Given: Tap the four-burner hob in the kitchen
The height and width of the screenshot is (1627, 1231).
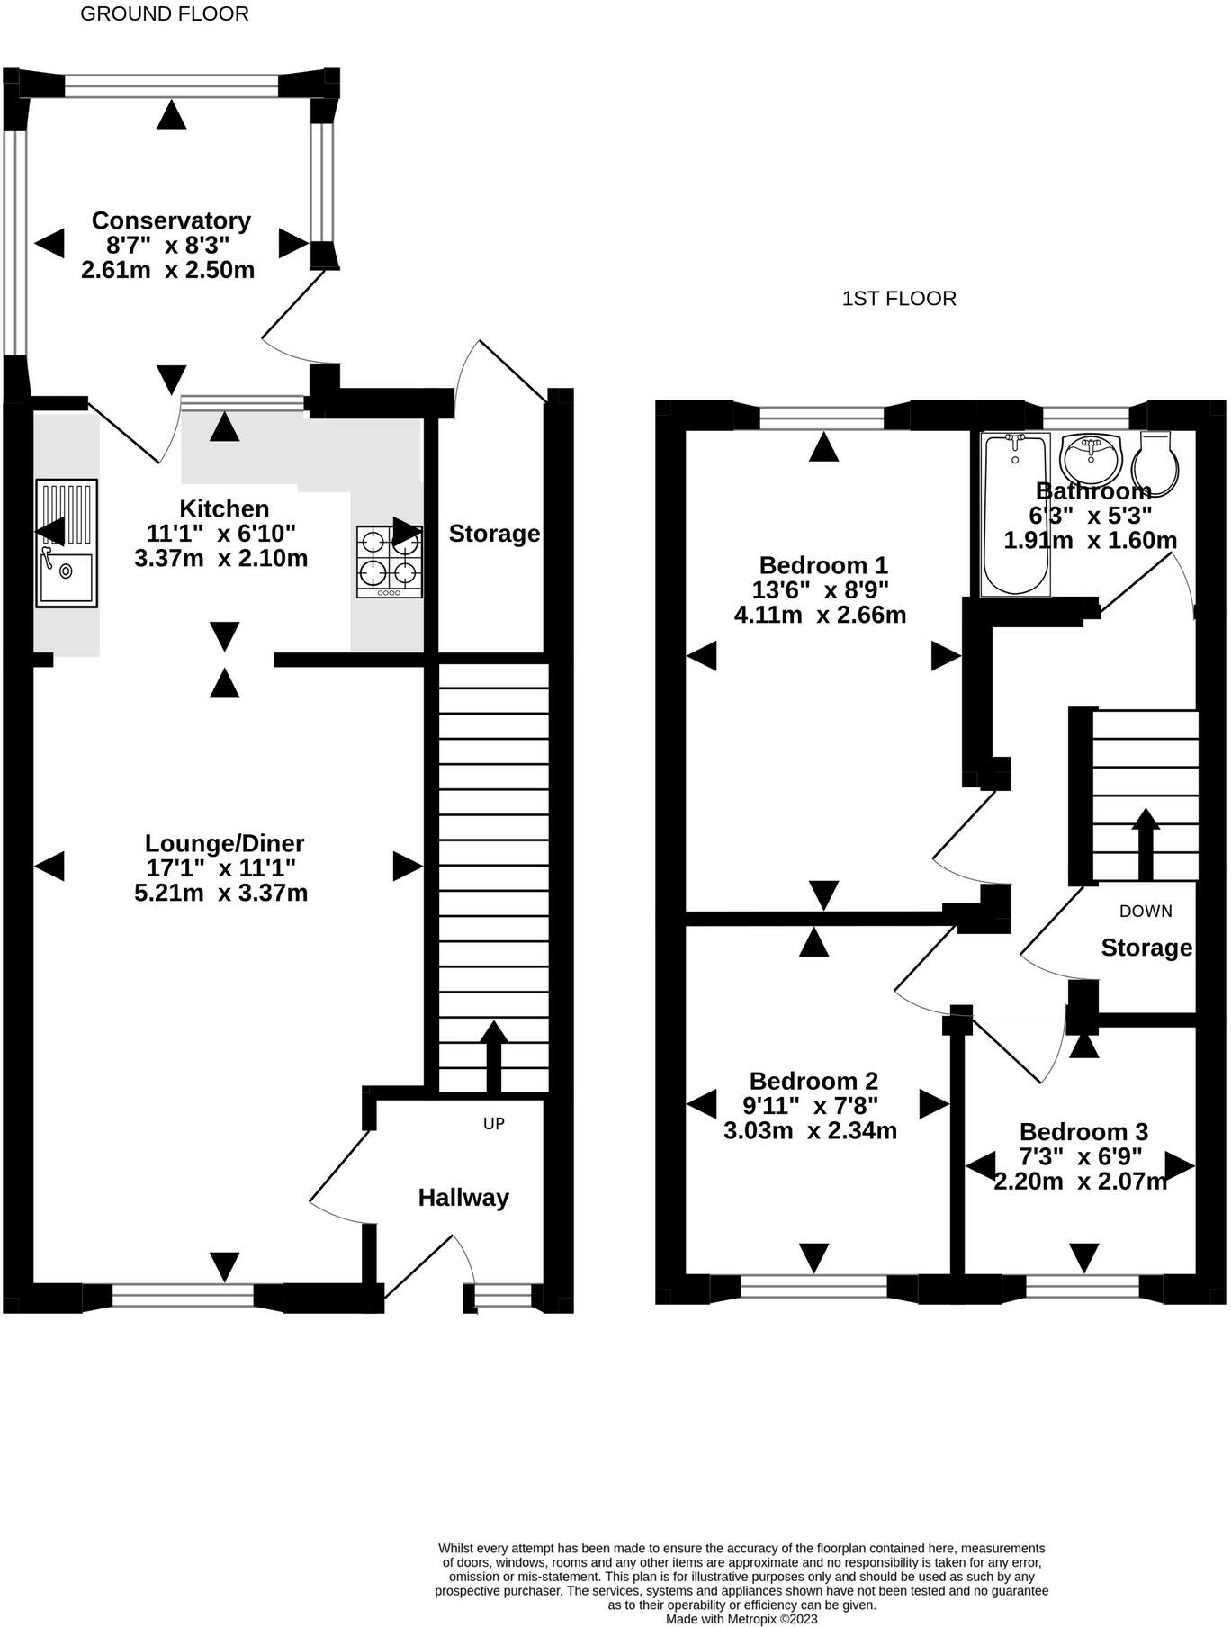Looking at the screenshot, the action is coord(390,562).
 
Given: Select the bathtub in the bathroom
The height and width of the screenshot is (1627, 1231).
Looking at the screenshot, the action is coord(1015,514).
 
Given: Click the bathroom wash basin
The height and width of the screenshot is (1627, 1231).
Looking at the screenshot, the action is coord(1091,459).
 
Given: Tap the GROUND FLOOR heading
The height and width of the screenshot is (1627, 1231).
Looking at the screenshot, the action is coord(165,13).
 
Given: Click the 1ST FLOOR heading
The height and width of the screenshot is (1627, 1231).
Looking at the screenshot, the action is coord(899,299).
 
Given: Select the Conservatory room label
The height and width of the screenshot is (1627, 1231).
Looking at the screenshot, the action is coord(171,220).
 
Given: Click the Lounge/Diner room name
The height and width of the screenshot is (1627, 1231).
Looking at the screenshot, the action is coord(225,844).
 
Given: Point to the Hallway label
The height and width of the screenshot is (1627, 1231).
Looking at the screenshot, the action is coord(463,1198).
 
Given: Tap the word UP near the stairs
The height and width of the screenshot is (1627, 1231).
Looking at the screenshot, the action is coord(494,1124).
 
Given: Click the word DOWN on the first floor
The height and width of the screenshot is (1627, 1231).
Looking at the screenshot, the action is coord(1146,912).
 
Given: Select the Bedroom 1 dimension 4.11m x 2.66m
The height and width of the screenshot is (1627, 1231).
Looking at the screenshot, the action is coord(820,616).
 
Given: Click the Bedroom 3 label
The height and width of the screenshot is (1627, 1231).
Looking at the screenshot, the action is coord(1083,1132).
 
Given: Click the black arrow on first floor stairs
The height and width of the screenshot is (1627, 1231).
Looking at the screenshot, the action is coord(1146,844).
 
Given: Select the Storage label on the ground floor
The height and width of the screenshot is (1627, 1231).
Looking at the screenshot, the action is coord(494,534).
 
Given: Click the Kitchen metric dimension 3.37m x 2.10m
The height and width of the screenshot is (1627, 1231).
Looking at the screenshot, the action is coord(221,558).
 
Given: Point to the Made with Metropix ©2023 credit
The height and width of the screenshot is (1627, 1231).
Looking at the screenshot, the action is coord(741,1619).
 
